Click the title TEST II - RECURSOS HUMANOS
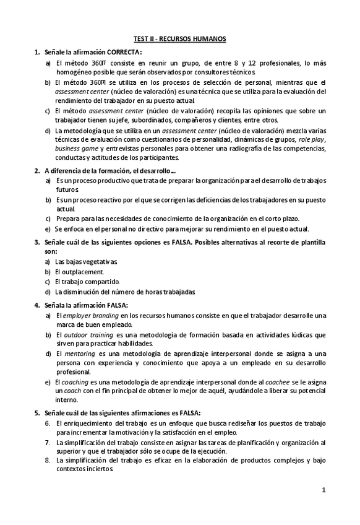pyautogui.click(x=179, y=39)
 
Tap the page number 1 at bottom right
pyautogui.click(x=324, y=490)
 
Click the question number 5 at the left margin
pyautogui.click(x=37, y=412)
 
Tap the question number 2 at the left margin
pyautogui.click(x=37, y=170)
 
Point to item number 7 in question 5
pyautogui.click(x=48, y=443)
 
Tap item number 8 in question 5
pyautogui.click(x=48, y=461)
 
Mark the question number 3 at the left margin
pyautogui.click(x=37, y=241)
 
